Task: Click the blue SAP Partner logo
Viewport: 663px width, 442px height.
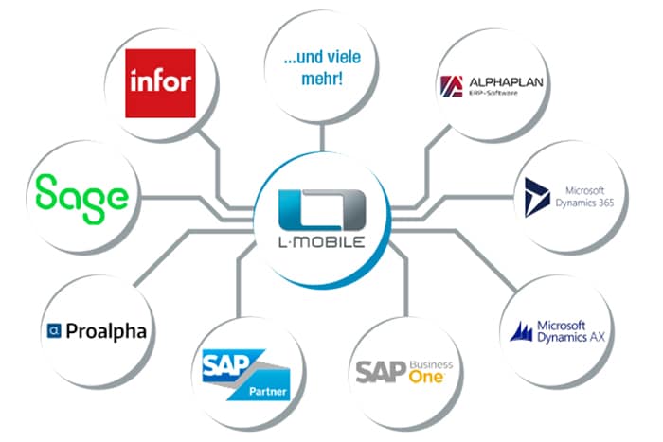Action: click(x=243, y=372)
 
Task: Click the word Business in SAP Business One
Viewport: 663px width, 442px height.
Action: click(x=432, y=363)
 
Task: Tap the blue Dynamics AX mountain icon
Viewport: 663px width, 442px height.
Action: click(x=525, y=332)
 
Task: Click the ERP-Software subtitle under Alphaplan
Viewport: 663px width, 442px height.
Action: click(x=494, y=96)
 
